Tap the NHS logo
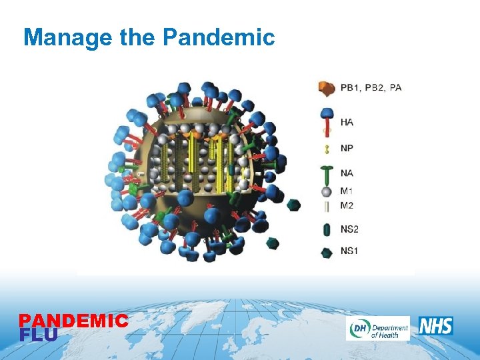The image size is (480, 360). pyautogui.click(x=436, y=326)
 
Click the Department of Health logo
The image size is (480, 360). pyautogui.click(x=377, y=328)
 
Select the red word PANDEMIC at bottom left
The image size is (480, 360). pyautogui.click(x=73, y=321)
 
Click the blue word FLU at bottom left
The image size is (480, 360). pyautogui.click(x=39, y=335)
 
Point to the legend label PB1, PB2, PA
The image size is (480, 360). pyautogui.click(x=371, y=87)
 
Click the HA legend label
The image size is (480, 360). pyautogui.click(x=347, y=122)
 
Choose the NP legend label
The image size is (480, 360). pyautogui.click(x=347, y=148)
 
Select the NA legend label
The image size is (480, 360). pyautogui.click(x=347, y=173)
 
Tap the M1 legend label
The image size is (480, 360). pyautogui.click(x=347, y=191)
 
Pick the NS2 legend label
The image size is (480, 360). pyautogui.click(x=350, y=229)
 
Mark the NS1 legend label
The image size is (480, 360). pyautogui.click(x=350, y=251)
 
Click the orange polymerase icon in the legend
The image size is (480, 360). pyautogui.click(x=327, y=88)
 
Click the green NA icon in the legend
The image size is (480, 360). pyautogui.click(x=327, y=175)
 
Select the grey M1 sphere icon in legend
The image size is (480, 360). pyautogui.click(x=327, y=191)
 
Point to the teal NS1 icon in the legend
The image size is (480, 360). pyautogui.click(x=327, y=252)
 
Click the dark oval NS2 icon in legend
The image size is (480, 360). pyautogui.click(x=327, y=229)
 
